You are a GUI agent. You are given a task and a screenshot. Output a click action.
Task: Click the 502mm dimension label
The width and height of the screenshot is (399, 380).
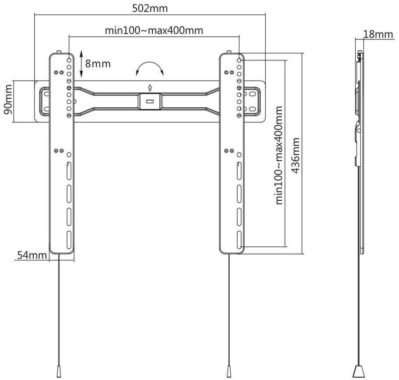click(x=150, y=8)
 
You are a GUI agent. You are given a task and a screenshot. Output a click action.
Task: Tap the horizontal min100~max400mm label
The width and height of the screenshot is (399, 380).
click(x=154, y=31)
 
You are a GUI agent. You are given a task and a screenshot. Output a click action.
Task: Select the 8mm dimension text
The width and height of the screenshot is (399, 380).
click(x=98, y=64)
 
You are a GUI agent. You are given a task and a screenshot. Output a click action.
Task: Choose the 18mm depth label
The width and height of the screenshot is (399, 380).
click(x=378, y=34)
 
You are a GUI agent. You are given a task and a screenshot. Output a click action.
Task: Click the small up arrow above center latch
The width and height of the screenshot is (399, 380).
click(x=150, y=86)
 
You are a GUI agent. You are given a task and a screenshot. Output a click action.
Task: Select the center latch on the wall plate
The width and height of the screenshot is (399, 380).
click(x=150, y=100)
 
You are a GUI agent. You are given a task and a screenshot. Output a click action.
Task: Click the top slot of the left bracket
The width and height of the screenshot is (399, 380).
click(x=69, y=170)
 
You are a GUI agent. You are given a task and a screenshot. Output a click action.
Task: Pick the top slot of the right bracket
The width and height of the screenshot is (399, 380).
click(x=239, y=170)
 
